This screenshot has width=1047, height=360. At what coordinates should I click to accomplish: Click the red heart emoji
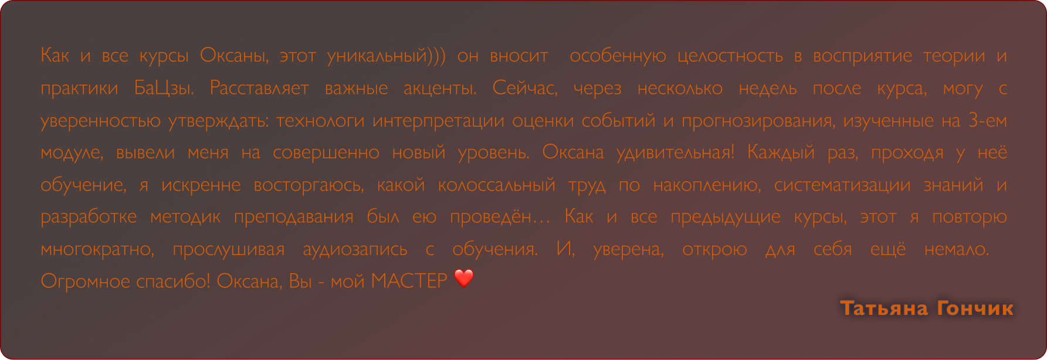[464, 279]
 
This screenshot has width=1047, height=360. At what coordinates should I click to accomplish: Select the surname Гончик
[975, 308]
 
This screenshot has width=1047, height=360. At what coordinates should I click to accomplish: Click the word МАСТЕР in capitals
[409, 281]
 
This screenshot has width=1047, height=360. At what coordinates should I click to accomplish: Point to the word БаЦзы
[164, 89]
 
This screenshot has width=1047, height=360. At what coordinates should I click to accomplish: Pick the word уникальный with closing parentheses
[386, 56]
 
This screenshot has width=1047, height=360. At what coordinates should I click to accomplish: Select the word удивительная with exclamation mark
[675, 153]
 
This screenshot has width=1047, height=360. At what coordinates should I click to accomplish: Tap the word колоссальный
[496, 185]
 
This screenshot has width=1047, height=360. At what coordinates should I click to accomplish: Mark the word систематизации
[842, 185]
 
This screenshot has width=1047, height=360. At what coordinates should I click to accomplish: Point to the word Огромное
[86, 282]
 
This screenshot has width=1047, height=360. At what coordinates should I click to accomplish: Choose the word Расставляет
[259, 89]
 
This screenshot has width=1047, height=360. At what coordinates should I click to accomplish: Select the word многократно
[97, 250]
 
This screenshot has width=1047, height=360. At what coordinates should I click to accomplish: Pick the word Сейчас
[524, 89]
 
